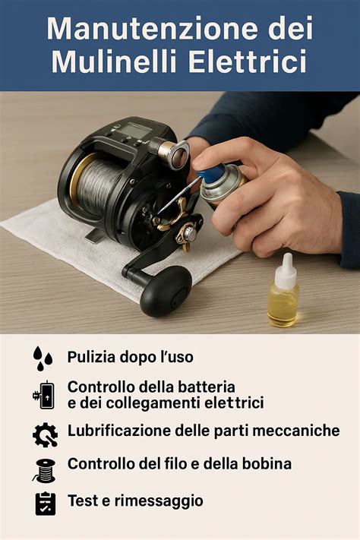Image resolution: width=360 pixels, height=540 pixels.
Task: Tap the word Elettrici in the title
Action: point(248,62)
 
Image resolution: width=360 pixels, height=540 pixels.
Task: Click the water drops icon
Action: point(43,358)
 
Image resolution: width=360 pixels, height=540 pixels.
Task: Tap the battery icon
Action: point(44,395)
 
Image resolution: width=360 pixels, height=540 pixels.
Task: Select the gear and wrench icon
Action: point(45,435)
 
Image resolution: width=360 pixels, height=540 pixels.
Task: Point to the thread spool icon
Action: point(45,470)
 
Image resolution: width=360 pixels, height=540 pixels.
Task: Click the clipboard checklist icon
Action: point(46,504)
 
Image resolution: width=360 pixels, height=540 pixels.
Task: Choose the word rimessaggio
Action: point(159,501)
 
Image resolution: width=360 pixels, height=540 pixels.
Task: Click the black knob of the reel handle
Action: point(166,291)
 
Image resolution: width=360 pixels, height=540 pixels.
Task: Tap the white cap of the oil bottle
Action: point(286,271)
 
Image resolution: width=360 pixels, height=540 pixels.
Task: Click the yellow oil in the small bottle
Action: point(283,308)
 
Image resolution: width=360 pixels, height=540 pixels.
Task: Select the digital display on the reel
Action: point(136,130)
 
